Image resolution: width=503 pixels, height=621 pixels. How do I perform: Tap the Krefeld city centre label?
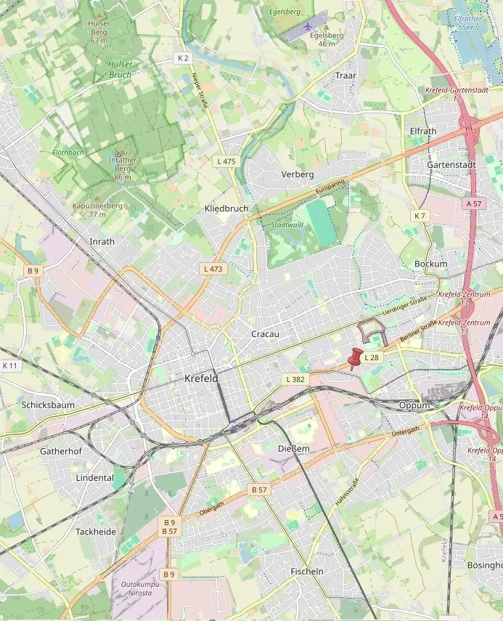[201, 378]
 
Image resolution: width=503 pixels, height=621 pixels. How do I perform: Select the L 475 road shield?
[226, 161]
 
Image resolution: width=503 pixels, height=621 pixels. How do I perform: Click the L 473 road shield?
[213, 269]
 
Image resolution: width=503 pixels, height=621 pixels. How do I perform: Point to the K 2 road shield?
[183, 58]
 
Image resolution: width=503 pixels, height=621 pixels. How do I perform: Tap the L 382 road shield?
[295, 379]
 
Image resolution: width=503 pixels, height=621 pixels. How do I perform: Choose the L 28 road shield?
[372, 357]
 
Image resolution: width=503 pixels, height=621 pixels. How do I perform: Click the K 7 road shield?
[421, 216]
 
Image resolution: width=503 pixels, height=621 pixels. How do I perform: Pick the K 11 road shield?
[10, 365]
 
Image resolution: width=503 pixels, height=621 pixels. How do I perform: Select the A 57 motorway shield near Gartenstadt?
[474, 204]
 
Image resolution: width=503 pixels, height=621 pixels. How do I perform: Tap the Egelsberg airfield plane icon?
[308, 26]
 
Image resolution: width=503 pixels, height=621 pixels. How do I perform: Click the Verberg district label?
[298, 174]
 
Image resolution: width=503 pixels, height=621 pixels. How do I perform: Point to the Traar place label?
[345, 76]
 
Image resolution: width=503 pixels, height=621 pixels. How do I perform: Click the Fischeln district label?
[307, 572]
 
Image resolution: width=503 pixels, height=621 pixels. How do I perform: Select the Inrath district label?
[102, 241]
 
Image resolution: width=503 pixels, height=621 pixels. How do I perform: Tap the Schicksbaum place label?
[48, 405]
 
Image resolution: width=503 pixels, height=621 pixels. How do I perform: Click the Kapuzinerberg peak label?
[97, 206]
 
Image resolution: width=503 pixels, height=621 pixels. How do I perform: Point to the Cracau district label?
[265, 334]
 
